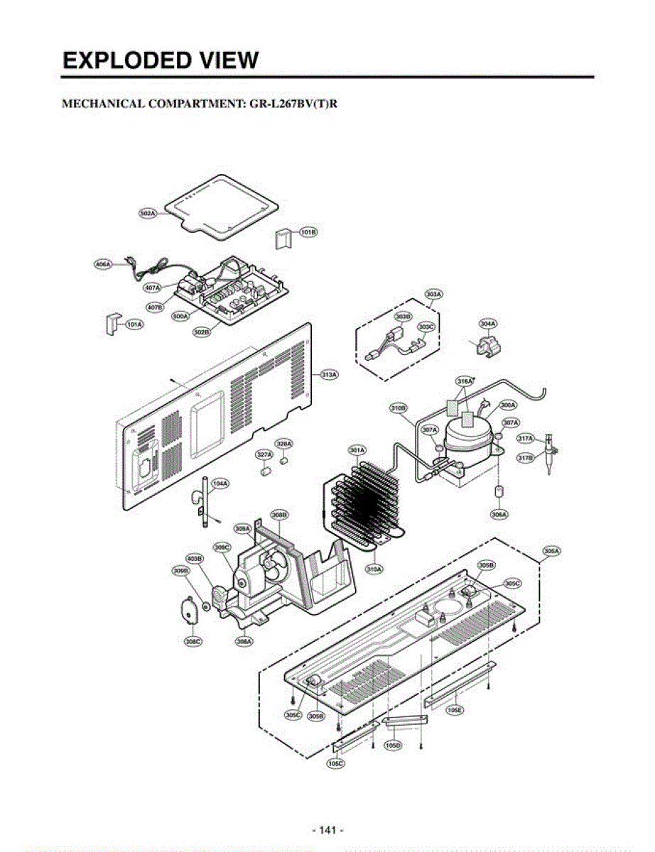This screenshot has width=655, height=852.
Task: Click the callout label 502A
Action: point(148,212)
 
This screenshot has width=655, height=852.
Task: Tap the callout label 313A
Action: point(330,374)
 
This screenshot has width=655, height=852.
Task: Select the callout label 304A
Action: point(487,324)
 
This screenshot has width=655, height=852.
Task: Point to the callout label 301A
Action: point(357,450)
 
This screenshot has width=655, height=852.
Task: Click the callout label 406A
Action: point(103,265)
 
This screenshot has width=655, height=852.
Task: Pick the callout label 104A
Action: point(220,484)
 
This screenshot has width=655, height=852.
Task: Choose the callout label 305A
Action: point(551,551)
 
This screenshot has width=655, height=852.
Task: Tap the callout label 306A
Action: point(499,513)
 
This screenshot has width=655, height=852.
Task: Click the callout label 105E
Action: point(455,709)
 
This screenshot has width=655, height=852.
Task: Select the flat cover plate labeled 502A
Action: point(220,202)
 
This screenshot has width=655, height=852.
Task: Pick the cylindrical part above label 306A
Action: point(499,492)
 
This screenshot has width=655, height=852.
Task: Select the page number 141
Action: point(327,830)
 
